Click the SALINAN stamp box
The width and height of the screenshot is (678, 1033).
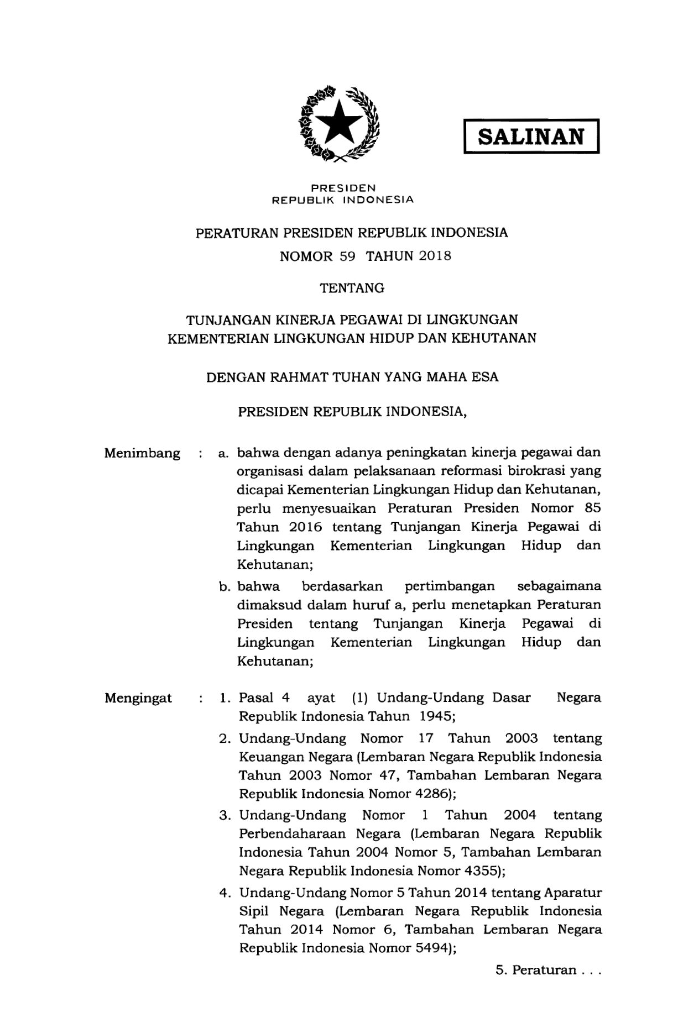coord(531,135)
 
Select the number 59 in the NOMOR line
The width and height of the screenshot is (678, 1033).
coord(347,256)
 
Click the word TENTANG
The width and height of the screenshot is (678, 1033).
coord(352,288)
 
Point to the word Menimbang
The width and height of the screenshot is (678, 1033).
coord(142,454)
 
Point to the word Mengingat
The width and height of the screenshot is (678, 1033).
coord(138,698)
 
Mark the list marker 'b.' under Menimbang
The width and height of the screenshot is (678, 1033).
coord(225,586)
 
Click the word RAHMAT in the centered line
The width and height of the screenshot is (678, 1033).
coord(299,377)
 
